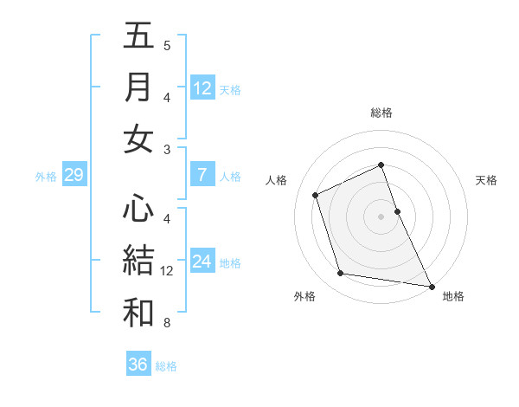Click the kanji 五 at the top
tap(138, 36)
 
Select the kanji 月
tap(138, 87)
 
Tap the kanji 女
tap(138, 139)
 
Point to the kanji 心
tap(138, 209)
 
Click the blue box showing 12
tap(202, 87)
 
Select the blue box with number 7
tap(202, 175)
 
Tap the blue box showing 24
tap(202, 262)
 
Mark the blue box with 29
tap(74, 176)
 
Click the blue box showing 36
tap(138, 365)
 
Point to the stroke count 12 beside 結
tap(167, 271)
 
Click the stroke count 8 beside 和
tap(167, 323)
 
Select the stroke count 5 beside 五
tap(167, 46)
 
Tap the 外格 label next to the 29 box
tap(46, 177)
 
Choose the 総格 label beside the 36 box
tap(166, 366)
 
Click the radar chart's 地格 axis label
tap(453, 296)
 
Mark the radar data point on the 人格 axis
tap(316, 195)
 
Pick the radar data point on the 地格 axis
tap(431, 286)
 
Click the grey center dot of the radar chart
tap(381, 216)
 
